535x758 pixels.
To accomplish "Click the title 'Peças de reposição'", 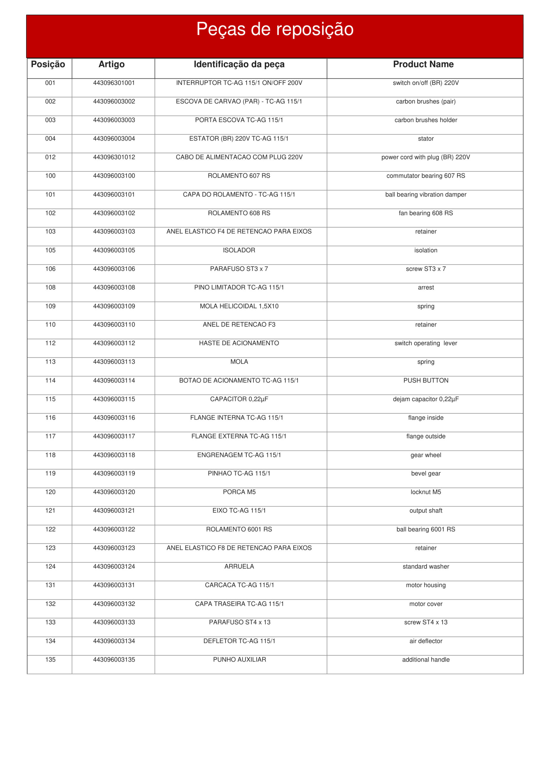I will click(x=275, y=29).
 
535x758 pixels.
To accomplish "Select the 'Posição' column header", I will click(x=48, y=64).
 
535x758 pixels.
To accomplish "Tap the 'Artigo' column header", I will click(x=111, y=64).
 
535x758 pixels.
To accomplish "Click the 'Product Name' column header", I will click(x=423, y=64).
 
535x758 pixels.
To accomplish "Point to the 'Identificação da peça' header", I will click(x=239, y=64).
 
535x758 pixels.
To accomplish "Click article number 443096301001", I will click(x=114, y=83).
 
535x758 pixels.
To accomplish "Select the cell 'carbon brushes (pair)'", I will click(x=426, y=102).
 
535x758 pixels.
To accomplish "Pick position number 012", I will click(x=50, y=157).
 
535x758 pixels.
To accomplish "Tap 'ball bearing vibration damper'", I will click(x=426, y=195).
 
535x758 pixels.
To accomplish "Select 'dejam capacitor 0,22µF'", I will click(x=426, y=399).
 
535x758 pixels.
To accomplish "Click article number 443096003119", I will click(x=114, y=473).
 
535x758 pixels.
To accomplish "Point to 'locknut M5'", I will click(x=426, y=492).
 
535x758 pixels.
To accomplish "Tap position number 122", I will click(x=50, y=529).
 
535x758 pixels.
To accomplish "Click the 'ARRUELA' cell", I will click(x=239, y=566).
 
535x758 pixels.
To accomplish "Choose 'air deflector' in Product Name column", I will click(x=426, y=641).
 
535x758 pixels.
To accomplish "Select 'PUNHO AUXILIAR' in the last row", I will click(x=240, y=660).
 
